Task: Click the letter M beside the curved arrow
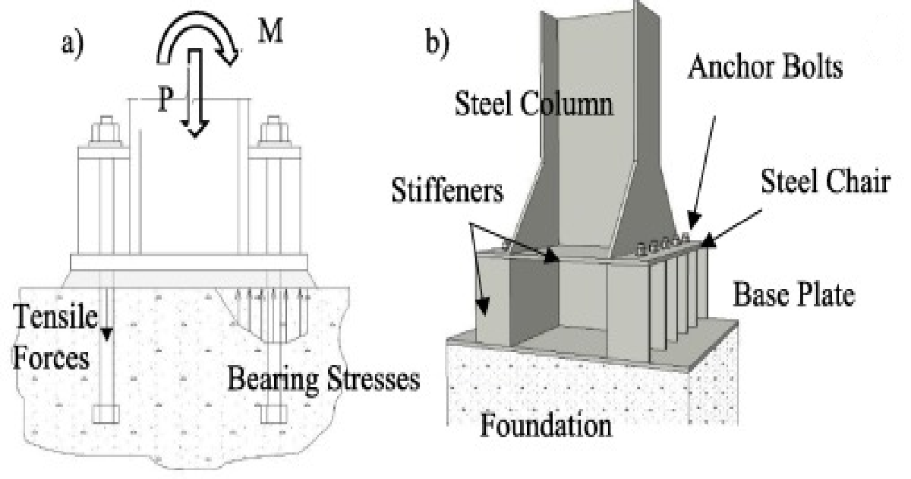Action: point(271,31)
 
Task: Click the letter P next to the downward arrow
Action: point(165,99)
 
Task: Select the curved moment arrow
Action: point(197,36)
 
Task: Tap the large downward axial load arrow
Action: point(195,93)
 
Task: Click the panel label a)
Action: point(72,43)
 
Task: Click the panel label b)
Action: point(437,42)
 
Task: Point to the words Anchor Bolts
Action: point(765,66)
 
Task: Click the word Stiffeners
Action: point(447,190)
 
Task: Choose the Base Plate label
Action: point(793,294)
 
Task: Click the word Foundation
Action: point(546,424)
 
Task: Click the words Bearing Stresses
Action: point(323,379)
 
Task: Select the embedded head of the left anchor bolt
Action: point(106,414)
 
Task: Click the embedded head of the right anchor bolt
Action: point(274,414)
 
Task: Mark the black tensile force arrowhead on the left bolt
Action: point(106,334)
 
